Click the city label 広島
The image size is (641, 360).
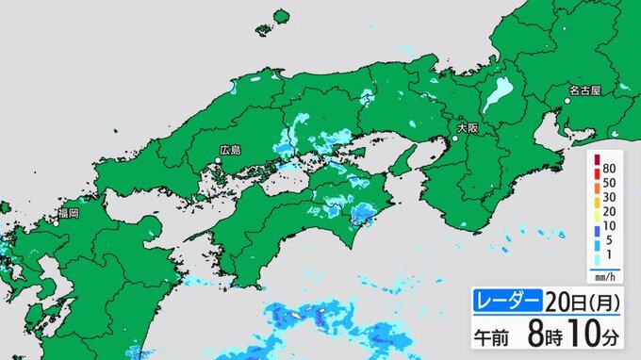pos(231,150)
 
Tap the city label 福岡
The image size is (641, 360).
pos(67,215)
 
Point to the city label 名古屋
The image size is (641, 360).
pos(584,91)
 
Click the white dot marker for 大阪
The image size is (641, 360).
pos(456,139)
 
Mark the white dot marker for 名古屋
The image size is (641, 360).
pos(566,101)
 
